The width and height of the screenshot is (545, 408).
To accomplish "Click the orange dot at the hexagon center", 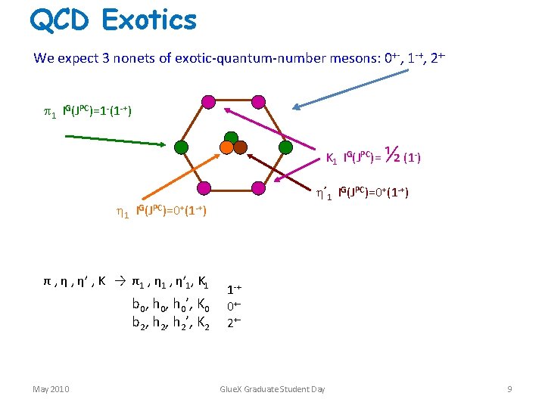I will (226, 148).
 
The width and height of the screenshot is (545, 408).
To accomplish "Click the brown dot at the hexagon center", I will (241, 147).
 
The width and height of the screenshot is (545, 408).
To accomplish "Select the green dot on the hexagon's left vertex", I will (181, 147).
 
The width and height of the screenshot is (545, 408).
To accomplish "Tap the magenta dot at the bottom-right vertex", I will (258, 188).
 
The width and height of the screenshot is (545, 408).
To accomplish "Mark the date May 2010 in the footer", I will (51, 389).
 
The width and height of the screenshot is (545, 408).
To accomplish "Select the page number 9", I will (509, 389).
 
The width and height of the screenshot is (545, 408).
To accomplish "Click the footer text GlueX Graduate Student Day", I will (272, 389).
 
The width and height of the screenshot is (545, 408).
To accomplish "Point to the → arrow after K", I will (119, 282).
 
